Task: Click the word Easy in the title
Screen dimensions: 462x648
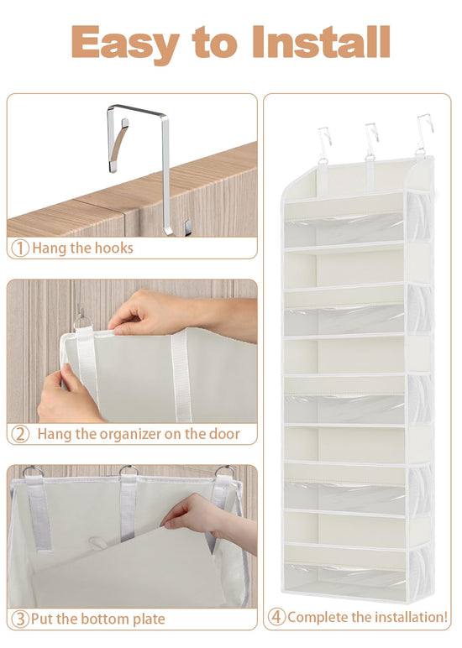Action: (x=125, y=44)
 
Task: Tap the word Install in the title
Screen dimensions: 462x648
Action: (x=322, y=42)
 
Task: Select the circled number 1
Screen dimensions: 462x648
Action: (x=20, y=248)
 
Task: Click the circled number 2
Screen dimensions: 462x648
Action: (x=20, y=434)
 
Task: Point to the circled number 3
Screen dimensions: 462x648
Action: (x=20, y=619)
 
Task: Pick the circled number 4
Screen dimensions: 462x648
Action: (x=276, y=617)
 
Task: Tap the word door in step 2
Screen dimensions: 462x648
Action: (x=224, y=434)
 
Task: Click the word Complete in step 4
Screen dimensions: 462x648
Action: (x=318, y=617)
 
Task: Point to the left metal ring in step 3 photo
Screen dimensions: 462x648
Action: (x=33, y=471)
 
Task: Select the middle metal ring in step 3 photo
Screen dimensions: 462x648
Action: (x=129, y=470)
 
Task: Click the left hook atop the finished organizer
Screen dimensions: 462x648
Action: (x=324, y=144)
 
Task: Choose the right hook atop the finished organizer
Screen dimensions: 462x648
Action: (x=423, y=134)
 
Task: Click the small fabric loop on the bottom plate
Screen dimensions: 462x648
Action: (x=97, y=542)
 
